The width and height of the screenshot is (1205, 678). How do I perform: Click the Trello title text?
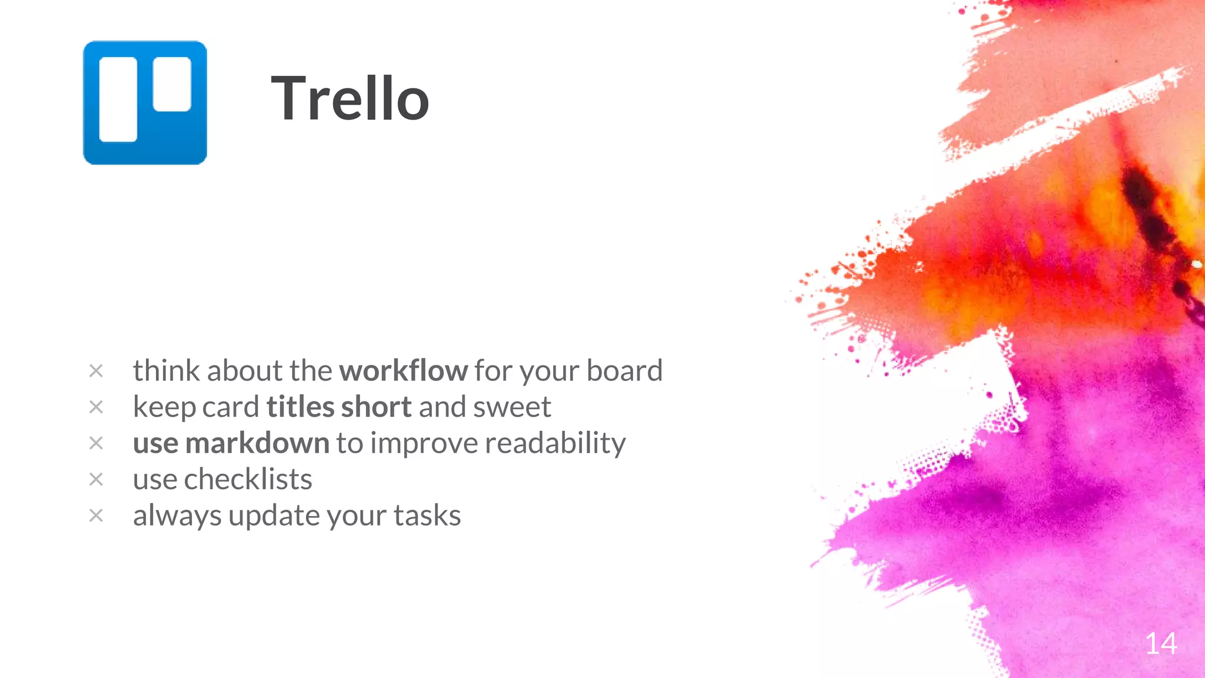coord(349,99)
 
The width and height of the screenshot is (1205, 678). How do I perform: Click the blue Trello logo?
coord(145,102)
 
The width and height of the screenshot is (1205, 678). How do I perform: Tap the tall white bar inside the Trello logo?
coord(118,99)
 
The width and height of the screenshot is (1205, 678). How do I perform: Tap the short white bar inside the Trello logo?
coord(172,84)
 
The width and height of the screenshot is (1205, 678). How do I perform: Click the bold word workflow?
coord(403,371)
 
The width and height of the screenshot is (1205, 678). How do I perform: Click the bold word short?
coord(376,407)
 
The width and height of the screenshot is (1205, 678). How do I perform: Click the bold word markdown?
coord(257,443)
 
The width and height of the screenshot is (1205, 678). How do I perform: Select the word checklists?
coord(248,479)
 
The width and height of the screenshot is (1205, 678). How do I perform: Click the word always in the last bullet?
coord(177,516)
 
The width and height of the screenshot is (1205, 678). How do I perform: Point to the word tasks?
coord(427,516)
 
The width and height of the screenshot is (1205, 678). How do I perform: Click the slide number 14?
coord(1161,643)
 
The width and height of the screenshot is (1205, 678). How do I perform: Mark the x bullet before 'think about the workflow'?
coord(96,371)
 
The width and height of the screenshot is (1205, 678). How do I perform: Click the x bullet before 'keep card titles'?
coord(96,407)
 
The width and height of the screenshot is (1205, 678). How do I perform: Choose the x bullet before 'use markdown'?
coord(96,443)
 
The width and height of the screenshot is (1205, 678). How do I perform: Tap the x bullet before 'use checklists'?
coord(96,479)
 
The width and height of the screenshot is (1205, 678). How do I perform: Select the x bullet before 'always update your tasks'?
coord(96,516)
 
